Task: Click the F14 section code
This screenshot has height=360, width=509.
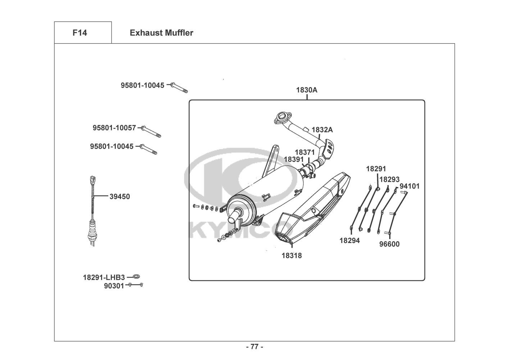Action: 79,33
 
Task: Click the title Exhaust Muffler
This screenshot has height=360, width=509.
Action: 161,33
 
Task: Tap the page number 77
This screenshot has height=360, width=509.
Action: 254,347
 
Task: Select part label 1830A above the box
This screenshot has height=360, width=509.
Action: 306,90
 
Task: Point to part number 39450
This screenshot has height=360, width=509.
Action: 120,197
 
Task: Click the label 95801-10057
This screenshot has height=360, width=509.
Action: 114,128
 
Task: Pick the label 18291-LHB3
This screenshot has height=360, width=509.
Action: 104,278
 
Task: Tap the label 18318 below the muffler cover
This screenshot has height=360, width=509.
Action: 291,256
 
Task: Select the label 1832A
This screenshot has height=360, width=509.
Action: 322,130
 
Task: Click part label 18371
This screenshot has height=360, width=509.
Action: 305,152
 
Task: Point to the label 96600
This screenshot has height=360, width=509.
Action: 389,244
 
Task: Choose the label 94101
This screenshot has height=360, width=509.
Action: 409,186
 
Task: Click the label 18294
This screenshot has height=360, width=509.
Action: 349,240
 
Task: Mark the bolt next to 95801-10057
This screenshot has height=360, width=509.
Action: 151,131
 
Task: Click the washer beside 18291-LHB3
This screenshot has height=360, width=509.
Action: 136,276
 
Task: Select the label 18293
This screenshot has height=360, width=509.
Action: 389,179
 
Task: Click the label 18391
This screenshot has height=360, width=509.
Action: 294,159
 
